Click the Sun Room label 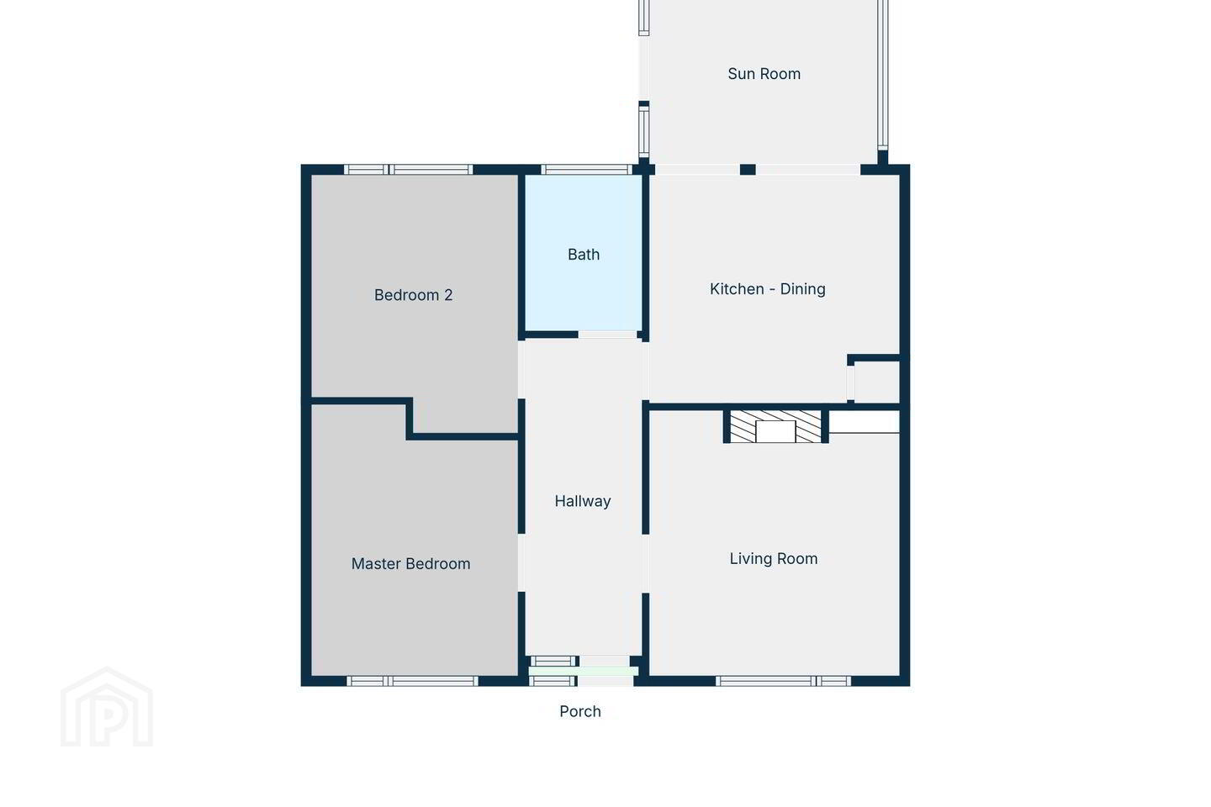[x=764, y=73]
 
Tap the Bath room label [x=584, y=254]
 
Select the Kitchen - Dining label [x=767, y=288]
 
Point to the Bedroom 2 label [x=413, y=294]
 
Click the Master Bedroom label [x=410, y=564]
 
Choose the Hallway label [x=582, y=501]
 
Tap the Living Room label [x=773, y=558]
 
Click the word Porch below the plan [x=580, y=711]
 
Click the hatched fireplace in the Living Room [x=775, y=426]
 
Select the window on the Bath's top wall [x=587, y=170]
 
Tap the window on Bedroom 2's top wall [x=408, y=170]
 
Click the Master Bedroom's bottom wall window [x=412, y=681]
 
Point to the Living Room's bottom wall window [x=784, y=681]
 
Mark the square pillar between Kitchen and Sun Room [x=748, y=170]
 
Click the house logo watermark [x=107, y=707]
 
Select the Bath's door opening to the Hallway [x=608, y=335]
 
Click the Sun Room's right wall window [x=882, y=74]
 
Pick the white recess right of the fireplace [x=864, y=422]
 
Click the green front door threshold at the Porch [x=584, y=672]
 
